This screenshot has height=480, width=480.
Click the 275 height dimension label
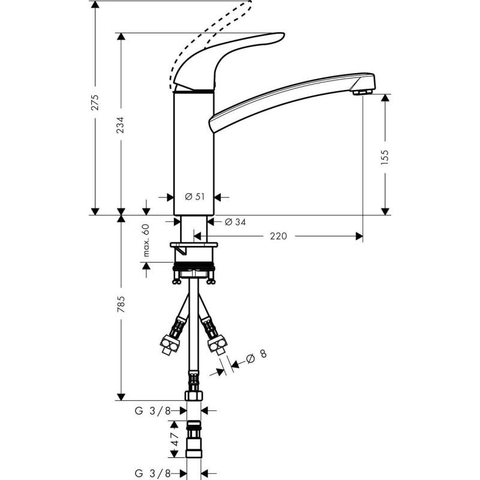click(x=96, y=103)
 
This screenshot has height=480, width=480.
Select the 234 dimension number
click(x=121, y=125)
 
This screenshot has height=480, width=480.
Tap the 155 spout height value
click(x=385, y=158)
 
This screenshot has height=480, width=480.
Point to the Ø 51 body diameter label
click(x=194, y=197)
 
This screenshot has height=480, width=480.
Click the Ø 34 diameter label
click(x=235, y=222)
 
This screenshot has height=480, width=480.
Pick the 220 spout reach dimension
click(x=278, y=236)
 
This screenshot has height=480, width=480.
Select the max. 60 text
click(x=146, y=241)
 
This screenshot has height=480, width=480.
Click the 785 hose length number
click(x=121, y=304)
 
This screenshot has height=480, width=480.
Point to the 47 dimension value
click(x=175, y=439)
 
